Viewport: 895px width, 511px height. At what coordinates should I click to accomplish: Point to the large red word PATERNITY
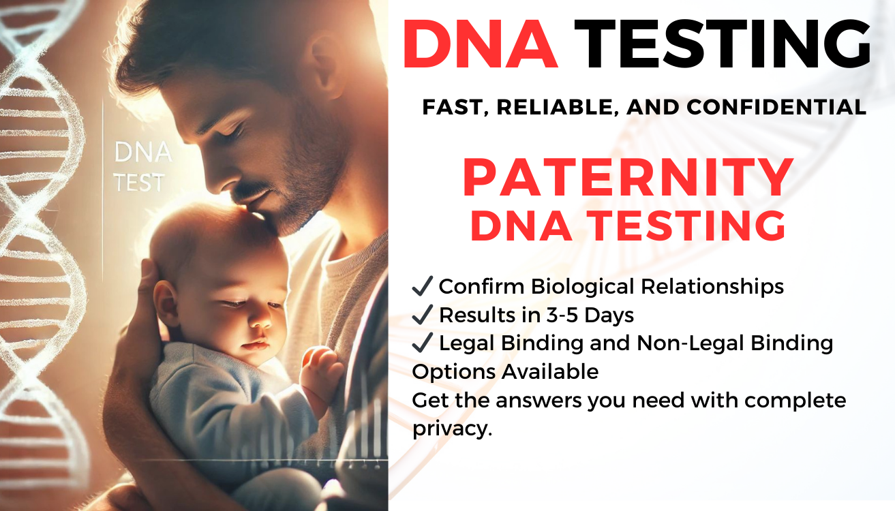click(628, 179)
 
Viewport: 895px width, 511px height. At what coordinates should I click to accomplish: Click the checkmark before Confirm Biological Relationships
click(423, 287)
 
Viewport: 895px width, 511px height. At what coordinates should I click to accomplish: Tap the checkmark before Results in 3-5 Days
click(423, 315)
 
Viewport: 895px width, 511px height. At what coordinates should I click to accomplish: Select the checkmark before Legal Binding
click(423, 343)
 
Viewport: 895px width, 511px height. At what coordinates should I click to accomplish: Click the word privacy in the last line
click(451, 429)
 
